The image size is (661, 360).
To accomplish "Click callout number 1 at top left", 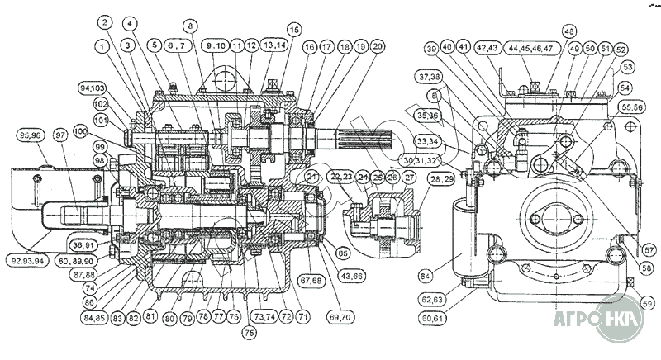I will pyautogui.click(x=104, y=48).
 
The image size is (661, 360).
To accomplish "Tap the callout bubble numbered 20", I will pyautogui.click(x=377, y=48).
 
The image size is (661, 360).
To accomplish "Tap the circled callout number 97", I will pyautogui.click(x=60, y=135).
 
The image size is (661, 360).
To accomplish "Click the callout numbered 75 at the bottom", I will pyautogui.click(x=248, y=333).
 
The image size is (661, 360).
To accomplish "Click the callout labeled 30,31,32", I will pyautogui.click(x=421, y=158).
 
